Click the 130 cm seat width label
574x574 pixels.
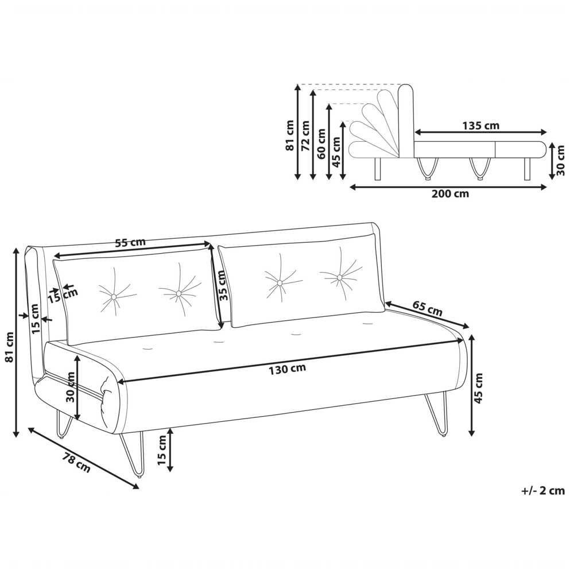(x=288, y=369)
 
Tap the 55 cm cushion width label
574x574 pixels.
(x=130, y=242)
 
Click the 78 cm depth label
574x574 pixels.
(x=76, y=463)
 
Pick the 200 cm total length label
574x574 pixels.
(x=450, y=193)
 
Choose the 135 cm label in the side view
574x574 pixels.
(x=480, y=126)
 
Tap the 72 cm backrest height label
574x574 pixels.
(x=305, y=136)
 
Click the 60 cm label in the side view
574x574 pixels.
(x=321, y=143)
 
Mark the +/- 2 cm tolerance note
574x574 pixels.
(x=543, y=490)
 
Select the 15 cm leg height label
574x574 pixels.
(x=162, y=450)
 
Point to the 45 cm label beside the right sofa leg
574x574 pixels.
(x=478, y=388)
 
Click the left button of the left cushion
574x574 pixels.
(x=114, y=296)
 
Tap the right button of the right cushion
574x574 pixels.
(x=340, y=277)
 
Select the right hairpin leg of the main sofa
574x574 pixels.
(x=437, y=414)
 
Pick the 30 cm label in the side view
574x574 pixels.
(x=560, y=160)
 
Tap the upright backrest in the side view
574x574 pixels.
(x=406, y=121)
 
